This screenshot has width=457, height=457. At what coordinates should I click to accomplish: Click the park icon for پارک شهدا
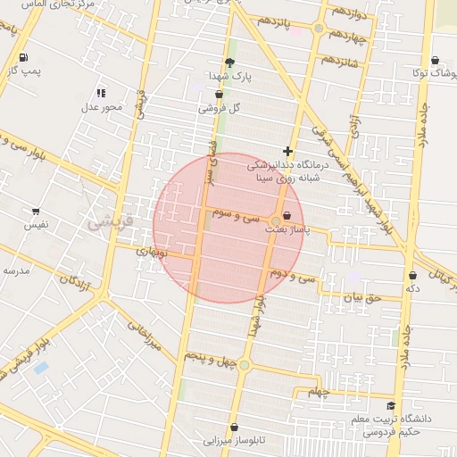point(230,62)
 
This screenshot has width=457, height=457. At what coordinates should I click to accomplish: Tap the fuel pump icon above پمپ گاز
point(21,59)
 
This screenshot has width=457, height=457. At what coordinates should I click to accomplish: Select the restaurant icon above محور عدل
point(101,93)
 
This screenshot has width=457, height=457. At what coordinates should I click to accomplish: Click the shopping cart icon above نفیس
point(36,212)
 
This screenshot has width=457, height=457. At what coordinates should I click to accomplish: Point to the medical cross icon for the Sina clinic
point(287,152)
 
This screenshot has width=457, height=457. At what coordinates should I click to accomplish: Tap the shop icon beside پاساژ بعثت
point(287,216)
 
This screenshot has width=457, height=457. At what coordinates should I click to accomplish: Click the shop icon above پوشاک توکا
point(435,61)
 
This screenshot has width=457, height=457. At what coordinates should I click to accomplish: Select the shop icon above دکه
point(412,276)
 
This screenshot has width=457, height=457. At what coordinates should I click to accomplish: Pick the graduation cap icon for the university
point(391,406)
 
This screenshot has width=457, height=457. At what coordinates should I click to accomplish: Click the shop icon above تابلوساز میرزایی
point(234,428)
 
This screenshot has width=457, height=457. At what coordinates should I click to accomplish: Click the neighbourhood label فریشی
point(110,220)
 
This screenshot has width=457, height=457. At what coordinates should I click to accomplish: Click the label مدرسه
point(16,270)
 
